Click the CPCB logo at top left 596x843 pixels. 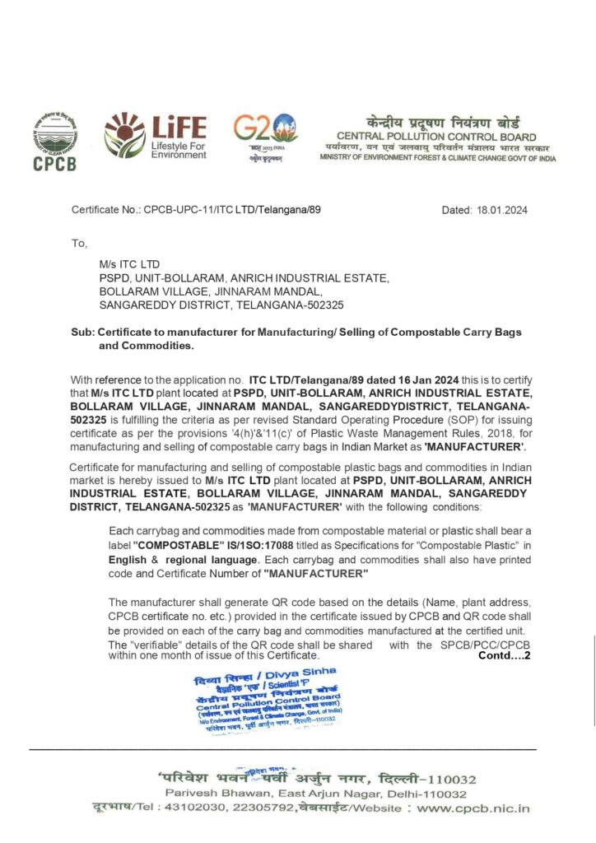tap(54, 141)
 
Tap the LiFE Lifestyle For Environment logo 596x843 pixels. tap(155, 136)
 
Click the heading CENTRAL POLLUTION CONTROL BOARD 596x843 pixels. tap(436, 136)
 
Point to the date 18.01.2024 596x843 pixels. tap(502, 211)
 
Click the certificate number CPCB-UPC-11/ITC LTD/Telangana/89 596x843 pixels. tap(232, 211)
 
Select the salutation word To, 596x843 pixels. tap(80, 244)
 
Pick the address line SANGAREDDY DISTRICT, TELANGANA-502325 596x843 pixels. tap(221, 305)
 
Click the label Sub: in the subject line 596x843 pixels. tap(82, 332)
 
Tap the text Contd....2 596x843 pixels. tap(504, 655)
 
